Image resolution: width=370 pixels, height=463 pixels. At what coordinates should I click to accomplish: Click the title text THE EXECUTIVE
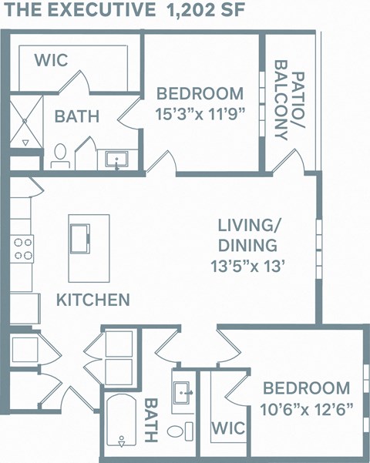click(78, 11)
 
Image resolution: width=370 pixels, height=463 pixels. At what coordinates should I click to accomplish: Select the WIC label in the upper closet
click(50, 59)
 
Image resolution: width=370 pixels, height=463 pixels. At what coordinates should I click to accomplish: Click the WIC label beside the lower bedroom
click(228, 427)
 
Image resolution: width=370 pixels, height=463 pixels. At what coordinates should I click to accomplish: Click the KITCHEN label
click(92, 300)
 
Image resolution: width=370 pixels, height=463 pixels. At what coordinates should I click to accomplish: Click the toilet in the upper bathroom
click(60, 156)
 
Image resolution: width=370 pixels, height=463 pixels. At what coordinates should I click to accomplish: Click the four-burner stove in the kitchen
click(23, 250)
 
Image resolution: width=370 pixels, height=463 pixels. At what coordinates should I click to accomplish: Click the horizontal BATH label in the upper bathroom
click(76, 117)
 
